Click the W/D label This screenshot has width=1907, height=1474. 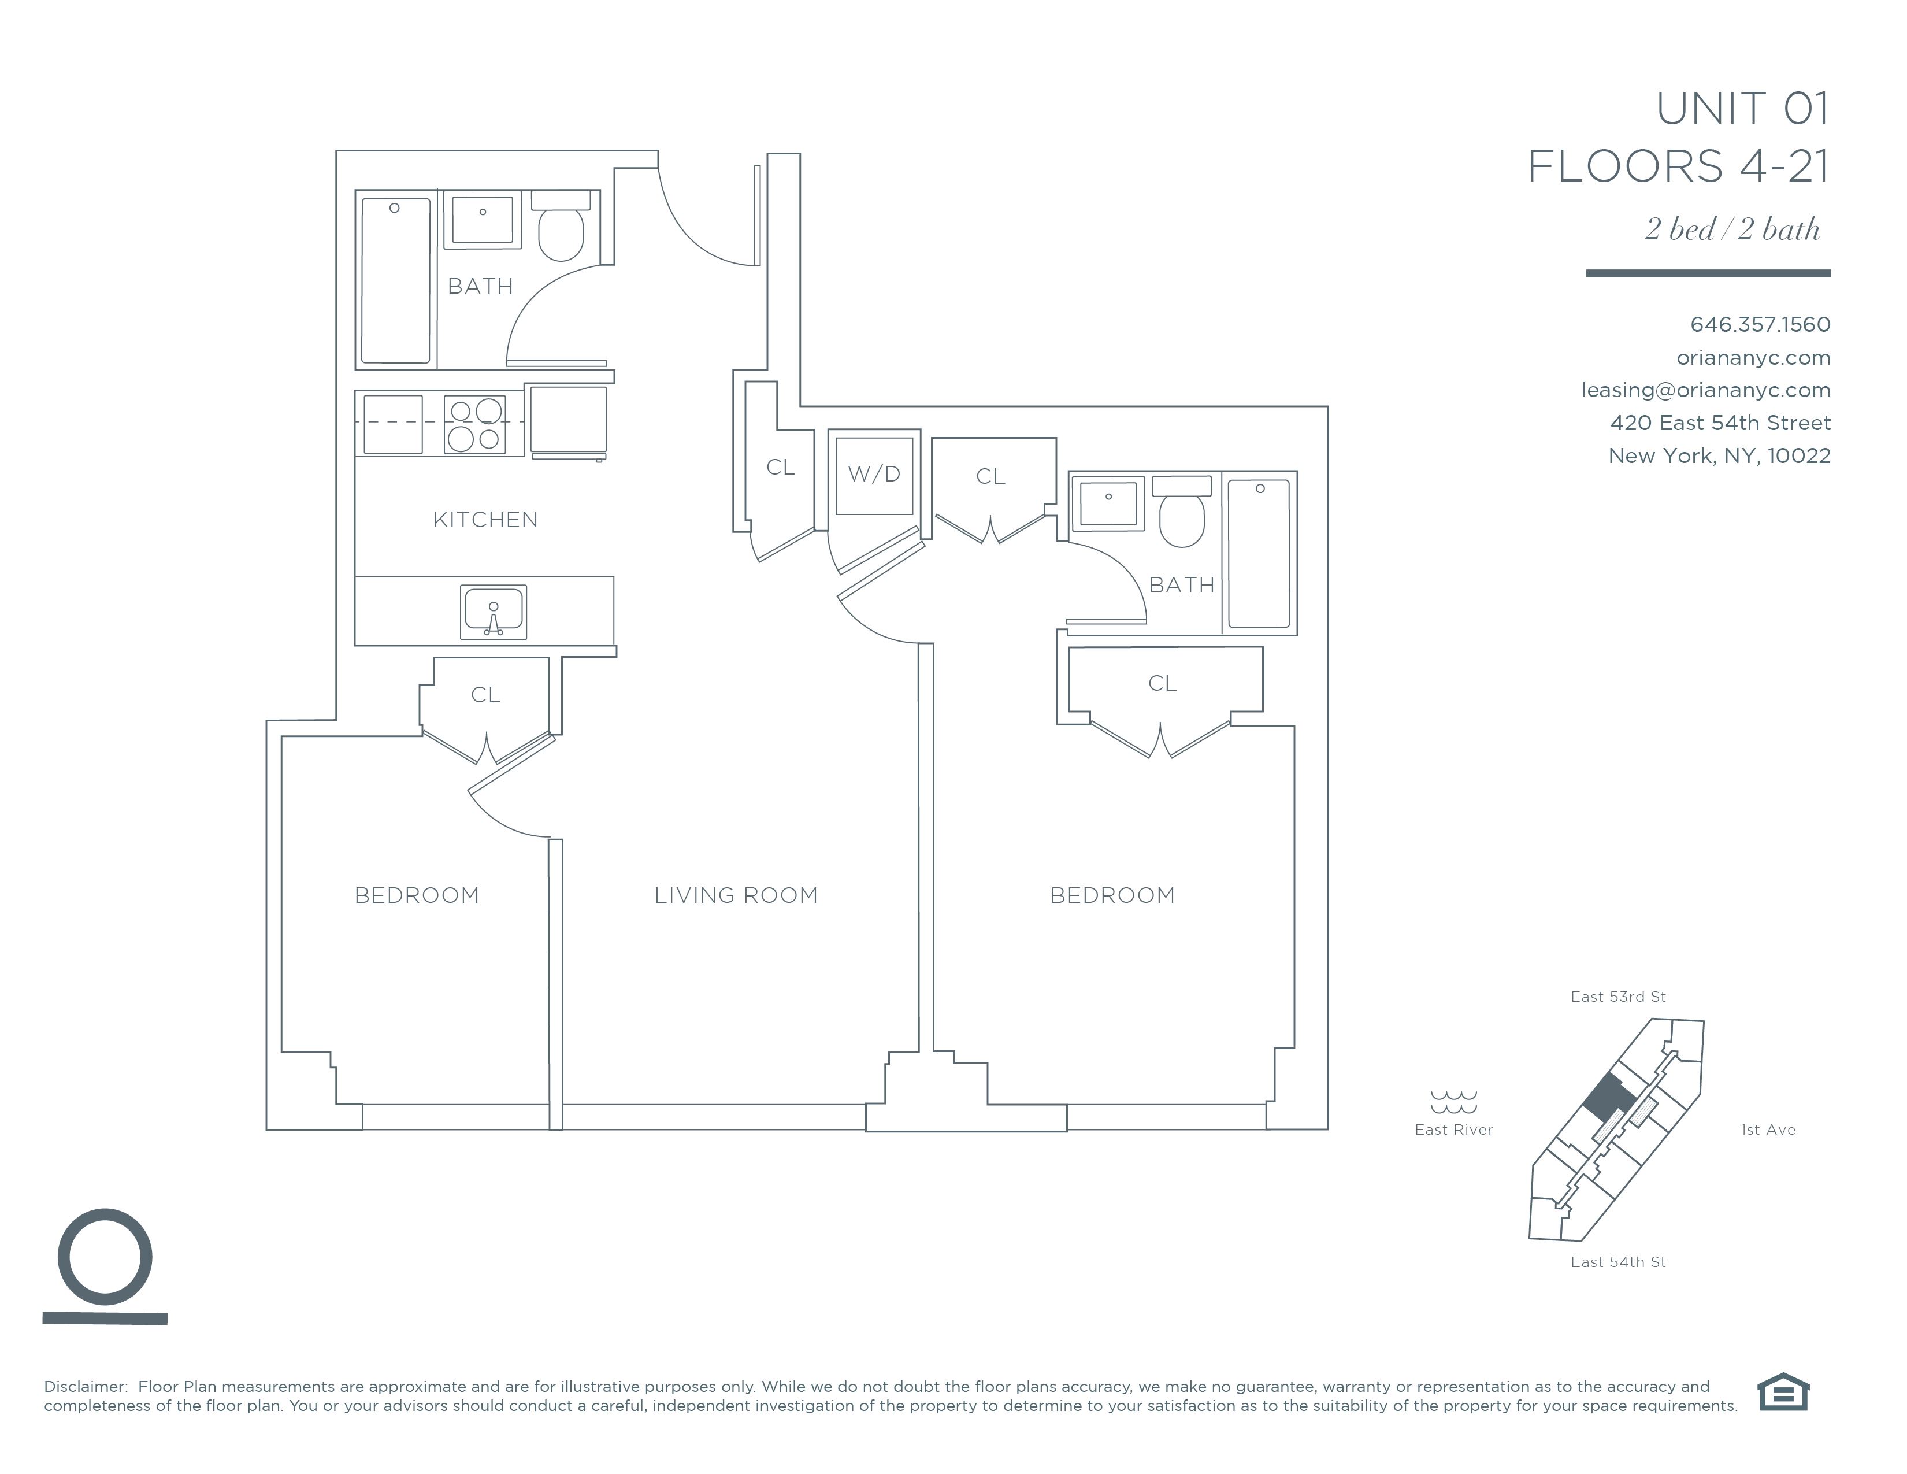(x=873, y=474)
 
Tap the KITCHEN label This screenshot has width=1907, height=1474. (x=485, y=520)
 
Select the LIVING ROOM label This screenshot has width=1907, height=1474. (x=736, y=895)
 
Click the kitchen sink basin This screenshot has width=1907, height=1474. (x=494, y=611)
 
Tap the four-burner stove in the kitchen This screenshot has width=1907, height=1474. (x=475, y=424)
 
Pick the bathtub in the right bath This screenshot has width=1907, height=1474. (x=1259, y=553)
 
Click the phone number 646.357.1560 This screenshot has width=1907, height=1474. (x=1760, y=325)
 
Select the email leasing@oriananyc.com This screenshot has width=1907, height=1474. (x=1705, y=390)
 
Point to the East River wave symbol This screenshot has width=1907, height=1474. (x=1454, y=1102)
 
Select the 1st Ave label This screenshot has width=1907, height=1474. (x=1768, y=1130)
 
